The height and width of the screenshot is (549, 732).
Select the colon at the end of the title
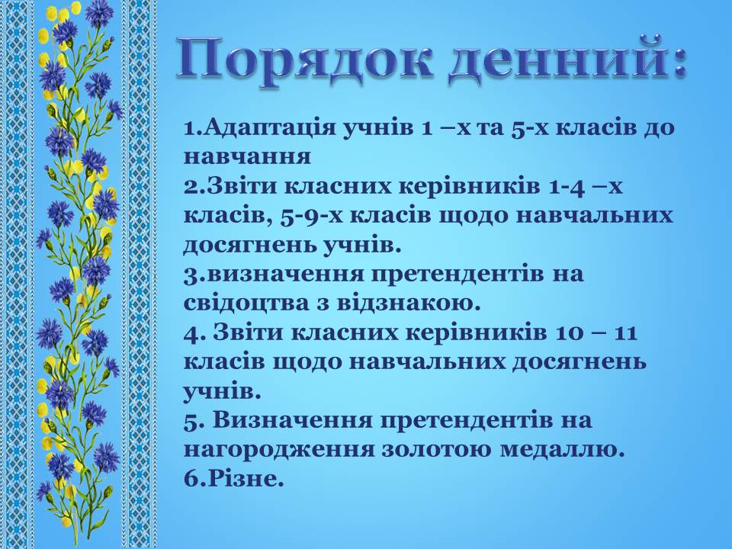click(x=676, y=64)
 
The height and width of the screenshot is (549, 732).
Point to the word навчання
click(x=247, y=157)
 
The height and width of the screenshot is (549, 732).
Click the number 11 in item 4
click(x=625, y=333)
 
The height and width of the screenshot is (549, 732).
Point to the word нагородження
click(x=279, y=450)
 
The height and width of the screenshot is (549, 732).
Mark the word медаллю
click(x=562, y=450)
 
